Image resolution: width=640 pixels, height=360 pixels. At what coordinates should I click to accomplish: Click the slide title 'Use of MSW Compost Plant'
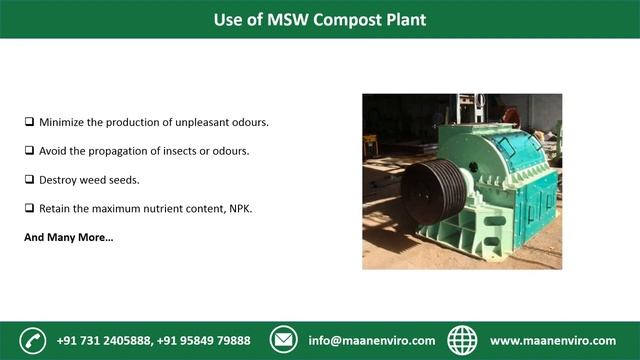coord(319,19)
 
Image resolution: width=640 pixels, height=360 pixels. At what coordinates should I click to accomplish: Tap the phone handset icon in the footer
coord(33,340)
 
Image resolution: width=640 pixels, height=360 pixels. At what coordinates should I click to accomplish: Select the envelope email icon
coord(285,340)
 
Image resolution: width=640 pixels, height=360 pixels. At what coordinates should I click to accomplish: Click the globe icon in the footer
coord(462,340)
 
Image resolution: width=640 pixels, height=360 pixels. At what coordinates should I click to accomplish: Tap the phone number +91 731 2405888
coord(105,340)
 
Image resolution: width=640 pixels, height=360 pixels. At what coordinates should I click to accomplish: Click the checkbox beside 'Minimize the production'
coord(29,122)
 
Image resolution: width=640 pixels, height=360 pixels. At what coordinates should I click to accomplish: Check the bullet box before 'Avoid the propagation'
coord(29,150)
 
